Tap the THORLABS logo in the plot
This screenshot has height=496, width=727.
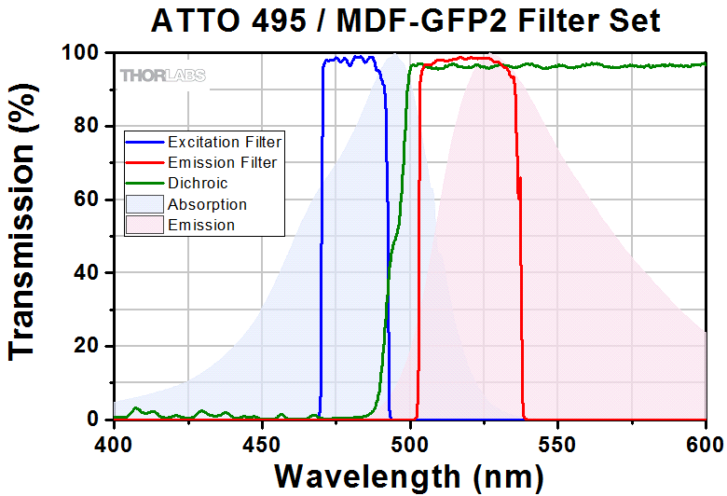pyautogui.click(x=162, y=76)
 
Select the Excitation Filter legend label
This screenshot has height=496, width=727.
pyautogui.click(x=225, y=143)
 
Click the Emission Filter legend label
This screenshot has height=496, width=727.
pyautogui.click(x=221, y=163)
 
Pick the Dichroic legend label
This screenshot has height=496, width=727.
pyautogui.click(x=198, y=184)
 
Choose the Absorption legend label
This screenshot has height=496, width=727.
pyautogui.click(x=207, y=204)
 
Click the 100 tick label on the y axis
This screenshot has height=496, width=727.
pyautogui.click(x=80, y=53)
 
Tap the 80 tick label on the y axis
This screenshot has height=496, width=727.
pyautogui.click(x=87, y=126)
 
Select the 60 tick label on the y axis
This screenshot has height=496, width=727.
pyautogui.click(x=87, y=200)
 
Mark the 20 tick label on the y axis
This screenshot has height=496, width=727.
pyautogui.click(x=87, y=346)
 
